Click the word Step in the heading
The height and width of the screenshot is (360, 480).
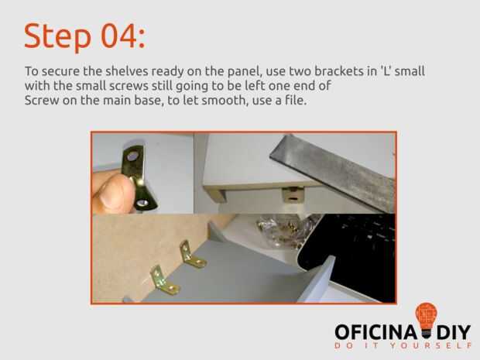pyautogui.click(x=57, y=36)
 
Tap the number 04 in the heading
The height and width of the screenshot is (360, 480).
pyautogui.click(x=118, y=36)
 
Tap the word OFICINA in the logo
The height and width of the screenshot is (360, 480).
pyautogui.click(x=375, y=332)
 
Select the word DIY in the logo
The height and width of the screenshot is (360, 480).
pyautogui.click(x=454, y=332)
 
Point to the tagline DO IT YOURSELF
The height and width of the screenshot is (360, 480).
pyautogui.click(x=403, y=346)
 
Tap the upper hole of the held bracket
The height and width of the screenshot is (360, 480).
pyautogui.click(x=132, y=156)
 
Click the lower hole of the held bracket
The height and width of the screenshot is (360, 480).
pyautogui.click(x=142, y=203)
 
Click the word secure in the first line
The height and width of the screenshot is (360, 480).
pyautogui.click(x=61, y=72)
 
